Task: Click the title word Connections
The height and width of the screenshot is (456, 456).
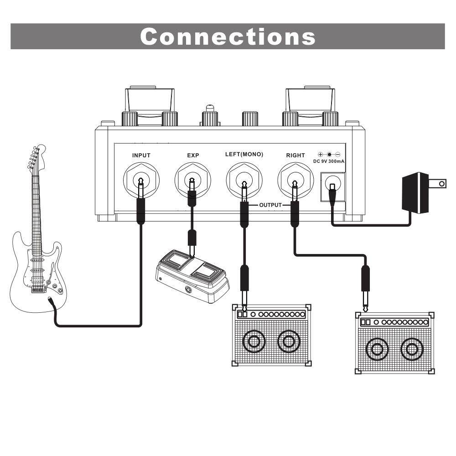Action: [228, 36]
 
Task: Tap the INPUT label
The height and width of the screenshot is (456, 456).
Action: [141, 155]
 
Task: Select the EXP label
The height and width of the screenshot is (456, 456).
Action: [193, 155]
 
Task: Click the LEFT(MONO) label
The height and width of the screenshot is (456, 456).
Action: [244, 155]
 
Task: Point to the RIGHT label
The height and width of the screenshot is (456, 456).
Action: [295, 155]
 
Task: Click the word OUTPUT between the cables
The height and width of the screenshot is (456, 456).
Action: [270, 205]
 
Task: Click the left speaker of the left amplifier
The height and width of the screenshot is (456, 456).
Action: [254, 341]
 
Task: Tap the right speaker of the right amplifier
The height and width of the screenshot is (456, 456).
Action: [411, 350]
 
